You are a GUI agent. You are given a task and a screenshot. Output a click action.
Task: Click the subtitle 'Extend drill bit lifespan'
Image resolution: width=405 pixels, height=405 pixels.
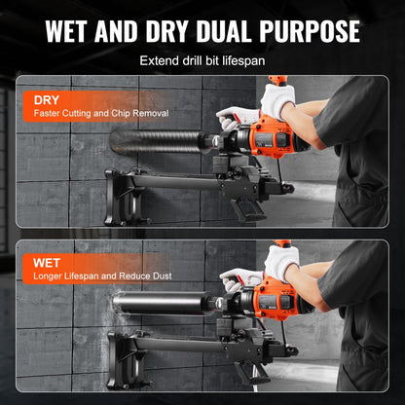[202, 60]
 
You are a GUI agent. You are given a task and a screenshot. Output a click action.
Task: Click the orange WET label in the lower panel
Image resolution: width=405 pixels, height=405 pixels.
[48, 262]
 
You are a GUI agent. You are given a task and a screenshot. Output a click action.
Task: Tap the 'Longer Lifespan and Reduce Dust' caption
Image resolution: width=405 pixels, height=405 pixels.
[99, 276]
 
